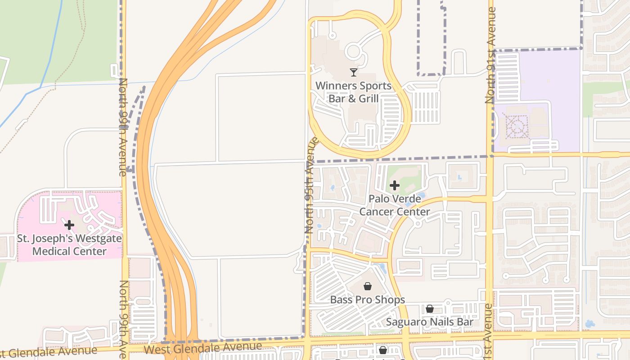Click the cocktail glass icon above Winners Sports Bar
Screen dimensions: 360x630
click(x=354, y=72)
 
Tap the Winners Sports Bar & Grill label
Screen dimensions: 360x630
click(x=353, y=92)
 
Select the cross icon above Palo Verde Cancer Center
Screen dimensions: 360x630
click(x=395, y=185)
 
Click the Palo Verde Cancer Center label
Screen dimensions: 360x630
click(x=395, y=205)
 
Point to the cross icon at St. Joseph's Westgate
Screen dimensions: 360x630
click(x=69, y=225)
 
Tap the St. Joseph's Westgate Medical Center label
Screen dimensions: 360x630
click(x=69, y=245)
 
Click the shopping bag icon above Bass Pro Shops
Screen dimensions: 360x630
click(x=368, y=286)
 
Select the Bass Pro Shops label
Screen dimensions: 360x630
click(x=368, y=300)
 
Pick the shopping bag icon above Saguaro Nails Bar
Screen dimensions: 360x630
click(x=430, y=309)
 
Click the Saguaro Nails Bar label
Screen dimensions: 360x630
click(x=430, y=322)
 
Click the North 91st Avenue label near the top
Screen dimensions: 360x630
click(x=490, y=55)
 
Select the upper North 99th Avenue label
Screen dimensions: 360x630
click(x=122, y=127)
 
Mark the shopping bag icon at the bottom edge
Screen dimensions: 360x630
click(x=383, y=350)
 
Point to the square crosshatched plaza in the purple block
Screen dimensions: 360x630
click(x=517, y=126)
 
